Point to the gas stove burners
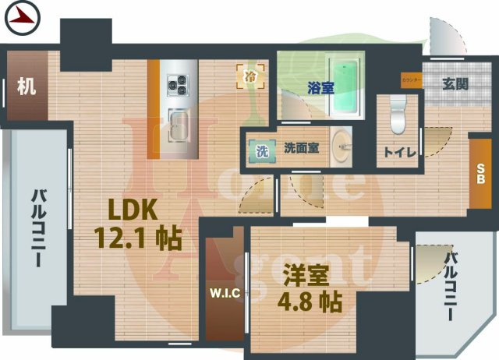[x=176, y=82]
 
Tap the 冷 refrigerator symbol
[x=250, y=76]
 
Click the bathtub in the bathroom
[x=344, y=86]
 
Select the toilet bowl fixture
[x=396, y=113]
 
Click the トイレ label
[x=398, y=152]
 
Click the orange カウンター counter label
[x=412, y=79]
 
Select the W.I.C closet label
[x=226, y=294]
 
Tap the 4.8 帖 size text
[x=311, y=302]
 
